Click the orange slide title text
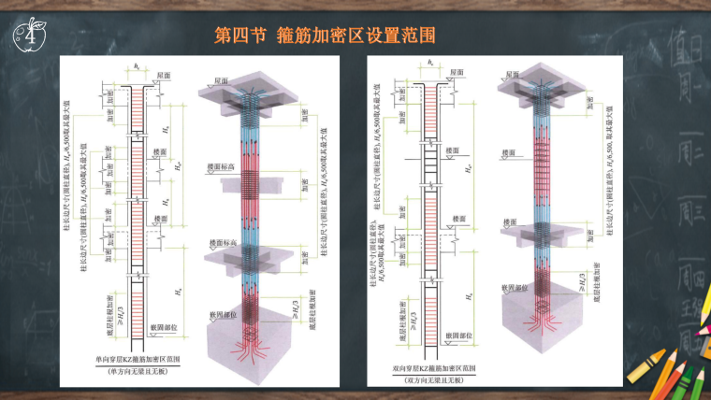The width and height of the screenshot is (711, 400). [x=326, y=36]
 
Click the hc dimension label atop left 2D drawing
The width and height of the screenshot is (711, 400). [x=137, y=66]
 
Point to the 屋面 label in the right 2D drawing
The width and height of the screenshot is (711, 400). [x=455, y=71]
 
